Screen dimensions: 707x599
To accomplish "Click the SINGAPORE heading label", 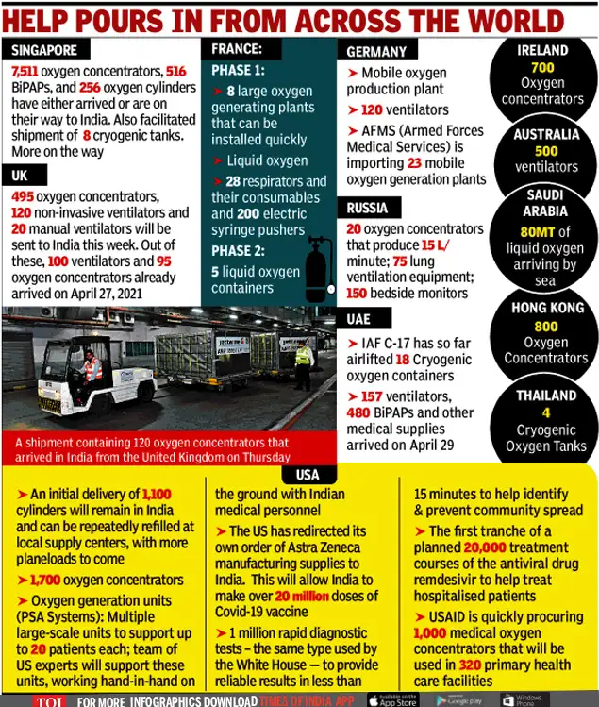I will [x=44, y=50].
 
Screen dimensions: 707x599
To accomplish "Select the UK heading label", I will [x=21, y=177].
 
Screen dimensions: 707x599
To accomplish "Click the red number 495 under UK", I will [x=23, y=196].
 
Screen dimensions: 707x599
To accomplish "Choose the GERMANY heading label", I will [x=376, y=52].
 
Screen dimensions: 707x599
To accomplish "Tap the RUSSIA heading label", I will [x=368, y=209].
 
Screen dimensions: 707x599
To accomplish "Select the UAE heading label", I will [x=358, y=320].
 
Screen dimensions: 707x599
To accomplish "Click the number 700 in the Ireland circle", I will [x=542, y=68].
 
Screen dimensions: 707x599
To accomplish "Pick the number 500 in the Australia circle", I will [x=546, y=151].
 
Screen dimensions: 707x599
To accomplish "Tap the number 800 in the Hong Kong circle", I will [x=546, y=327].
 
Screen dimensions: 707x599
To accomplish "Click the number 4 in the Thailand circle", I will [x=546, y=412].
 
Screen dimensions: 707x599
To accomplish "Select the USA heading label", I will [x=308, y=474].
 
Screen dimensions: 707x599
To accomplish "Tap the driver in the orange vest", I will [x=92, y=367].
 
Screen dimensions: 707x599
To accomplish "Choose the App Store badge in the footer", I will [x=391, y=699].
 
